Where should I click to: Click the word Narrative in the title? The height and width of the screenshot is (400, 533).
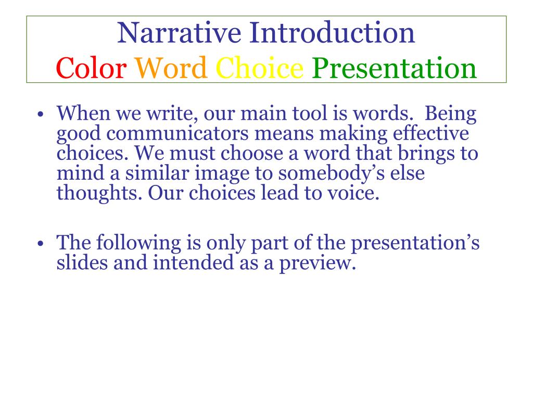pos(179,33)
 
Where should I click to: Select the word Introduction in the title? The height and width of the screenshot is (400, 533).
pos(332,33)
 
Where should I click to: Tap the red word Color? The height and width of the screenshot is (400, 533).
pos(91,68)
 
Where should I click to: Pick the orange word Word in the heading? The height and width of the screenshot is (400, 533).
pos(171,68)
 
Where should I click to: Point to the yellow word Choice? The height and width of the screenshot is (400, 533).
pos(259,68)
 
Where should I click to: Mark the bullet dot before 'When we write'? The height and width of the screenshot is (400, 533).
pos(41,114)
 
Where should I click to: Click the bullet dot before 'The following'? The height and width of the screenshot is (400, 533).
pos(41,244)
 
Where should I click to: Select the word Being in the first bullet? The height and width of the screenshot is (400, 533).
pos(450,114)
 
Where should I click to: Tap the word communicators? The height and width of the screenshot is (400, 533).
pos(177,134)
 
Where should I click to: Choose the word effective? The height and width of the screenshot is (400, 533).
pos(431,133)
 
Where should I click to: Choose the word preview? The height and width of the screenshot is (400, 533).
pos(318,264)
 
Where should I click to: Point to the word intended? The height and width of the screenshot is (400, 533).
pos(194,263)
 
